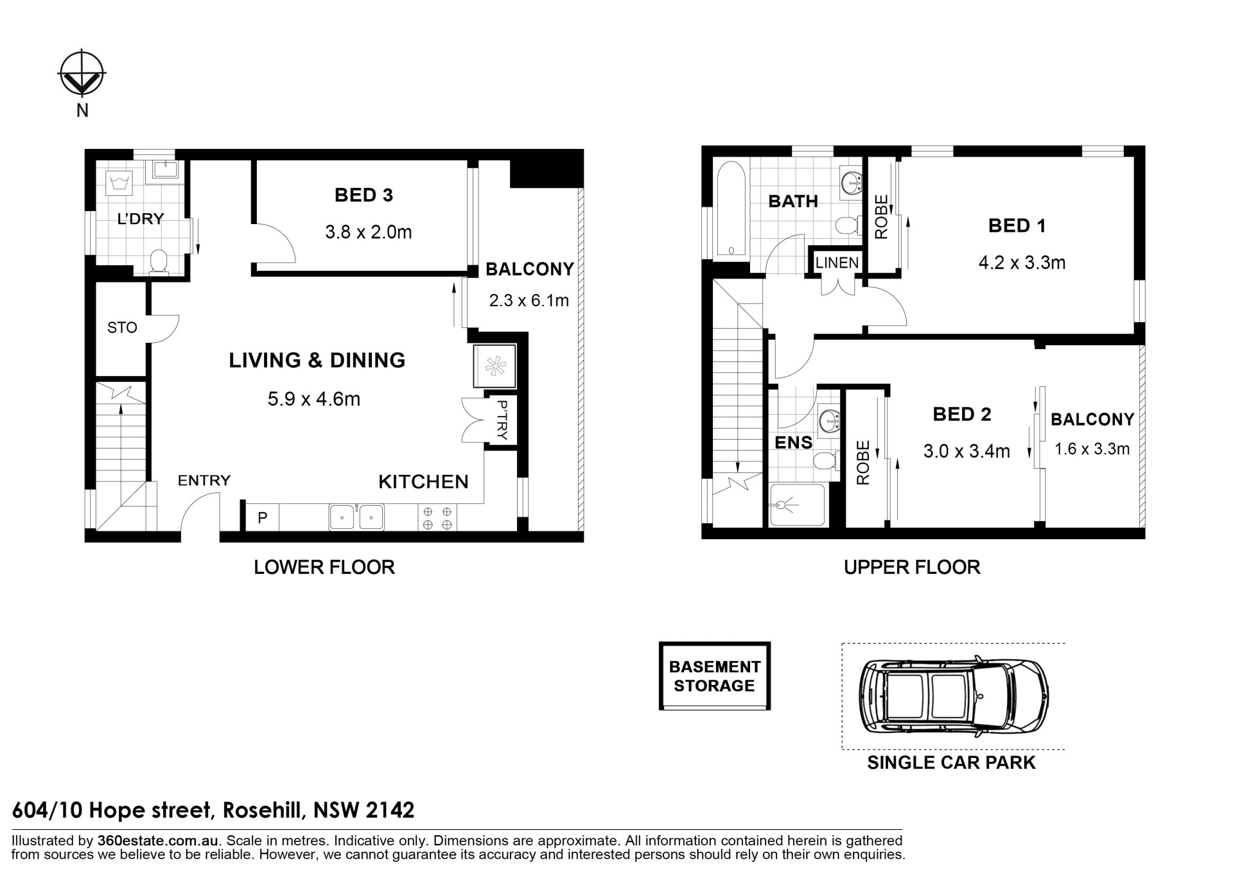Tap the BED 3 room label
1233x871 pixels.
tap(363, 195)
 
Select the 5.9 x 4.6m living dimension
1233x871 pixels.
tap(314, 399)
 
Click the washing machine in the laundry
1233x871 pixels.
tap(121, 182)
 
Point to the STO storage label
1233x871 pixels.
tap(122, 328)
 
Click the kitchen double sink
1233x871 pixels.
tap(356, 517)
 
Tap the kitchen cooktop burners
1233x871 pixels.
tap(437, 518)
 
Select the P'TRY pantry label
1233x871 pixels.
tap(502, 420)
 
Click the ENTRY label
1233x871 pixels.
tap(204, 480)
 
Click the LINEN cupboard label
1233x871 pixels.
tap(837, 263)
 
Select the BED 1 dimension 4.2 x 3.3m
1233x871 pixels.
tap(1022, 263)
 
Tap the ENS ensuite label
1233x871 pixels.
tap(794, 442)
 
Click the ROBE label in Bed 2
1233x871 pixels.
tap(863, 462)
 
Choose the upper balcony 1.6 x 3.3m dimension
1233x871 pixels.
tap(1092, 449)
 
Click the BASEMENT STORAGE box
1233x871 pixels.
tap(715, 676)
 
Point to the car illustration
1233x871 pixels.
tap(954, 696)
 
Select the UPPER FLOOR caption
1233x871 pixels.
tap(912, 567)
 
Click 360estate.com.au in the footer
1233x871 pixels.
tap(159, 841)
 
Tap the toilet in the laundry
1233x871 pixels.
tap(158, 263)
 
